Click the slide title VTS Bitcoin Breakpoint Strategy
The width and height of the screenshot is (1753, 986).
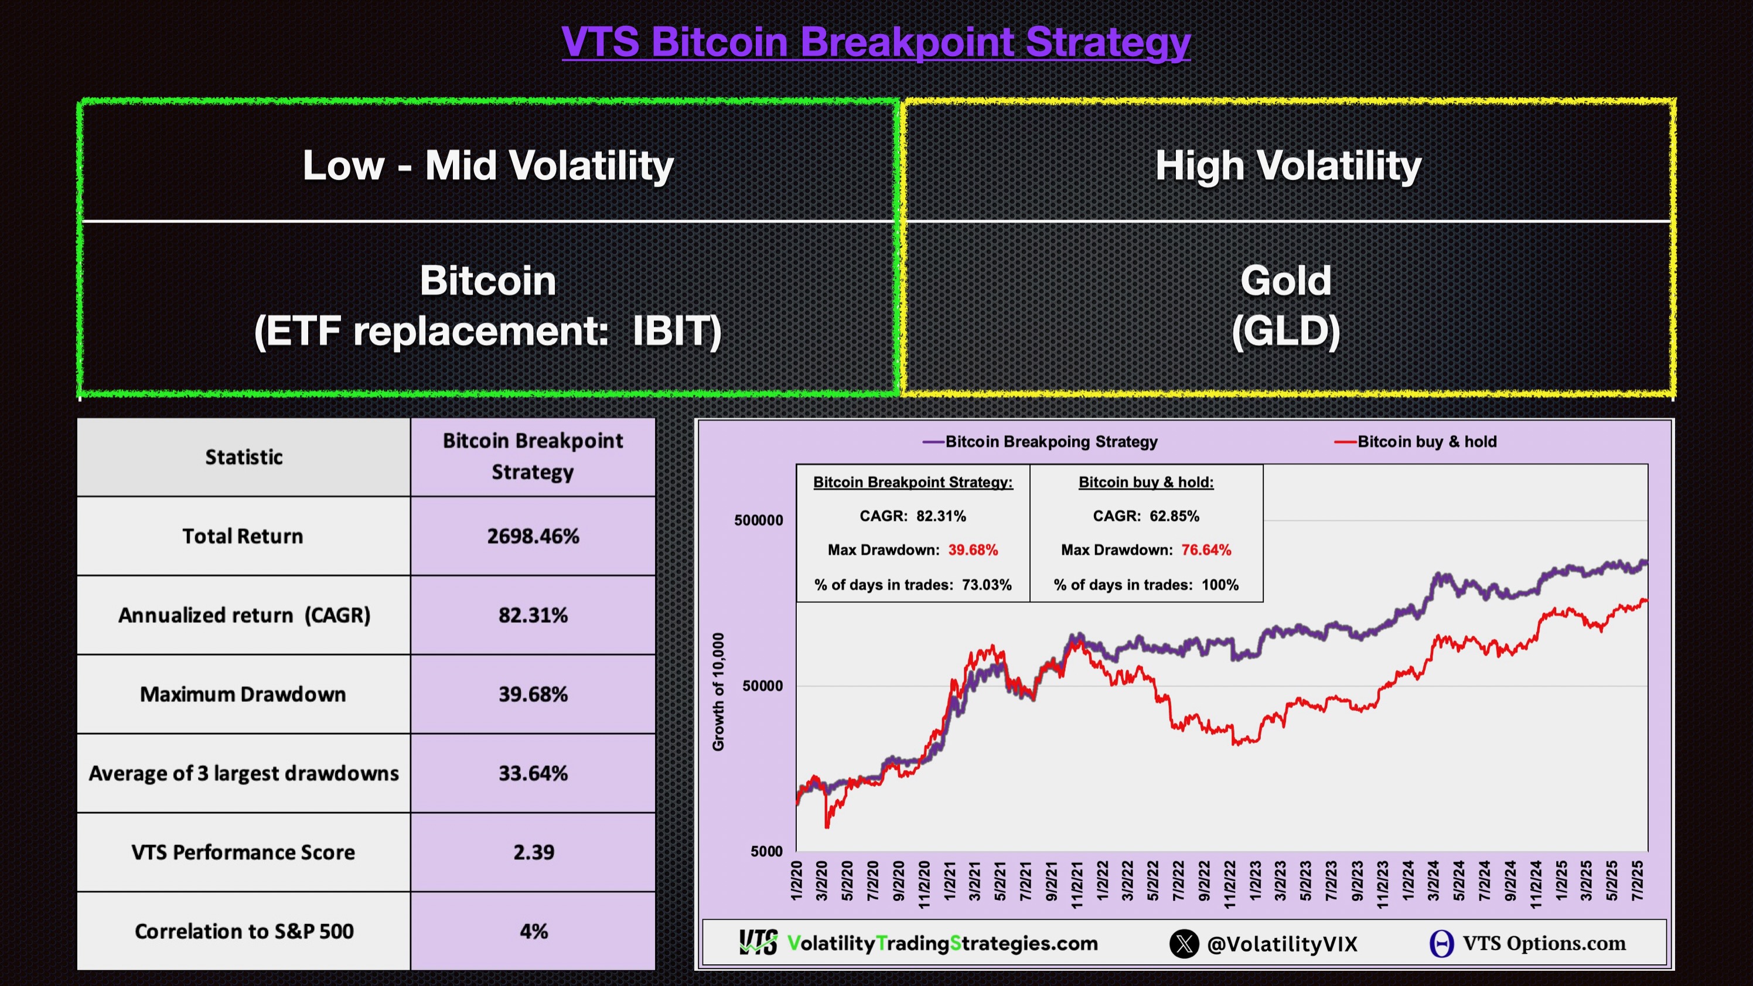point(876,42)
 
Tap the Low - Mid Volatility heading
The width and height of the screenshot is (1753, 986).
point(488,165)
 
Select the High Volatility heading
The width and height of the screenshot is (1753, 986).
point(1288,165)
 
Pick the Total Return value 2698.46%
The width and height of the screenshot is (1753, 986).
point(533,536)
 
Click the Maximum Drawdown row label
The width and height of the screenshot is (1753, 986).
point(243,694)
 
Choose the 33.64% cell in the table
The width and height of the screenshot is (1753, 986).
point(533,773)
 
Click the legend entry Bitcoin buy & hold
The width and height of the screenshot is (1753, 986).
point(1426,442)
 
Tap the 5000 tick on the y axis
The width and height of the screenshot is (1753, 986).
point(766,851)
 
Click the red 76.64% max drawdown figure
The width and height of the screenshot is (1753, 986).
point(1206,550)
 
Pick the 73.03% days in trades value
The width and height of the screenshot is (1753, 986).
point(986,585)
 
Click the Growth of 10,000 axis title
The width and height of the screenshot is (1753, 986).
point(718,691)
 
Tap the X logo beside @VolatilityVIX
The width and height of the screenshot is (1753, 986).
point(1184,944)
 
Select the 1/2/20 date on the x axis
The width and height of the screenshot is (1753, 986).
point(797,881)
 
